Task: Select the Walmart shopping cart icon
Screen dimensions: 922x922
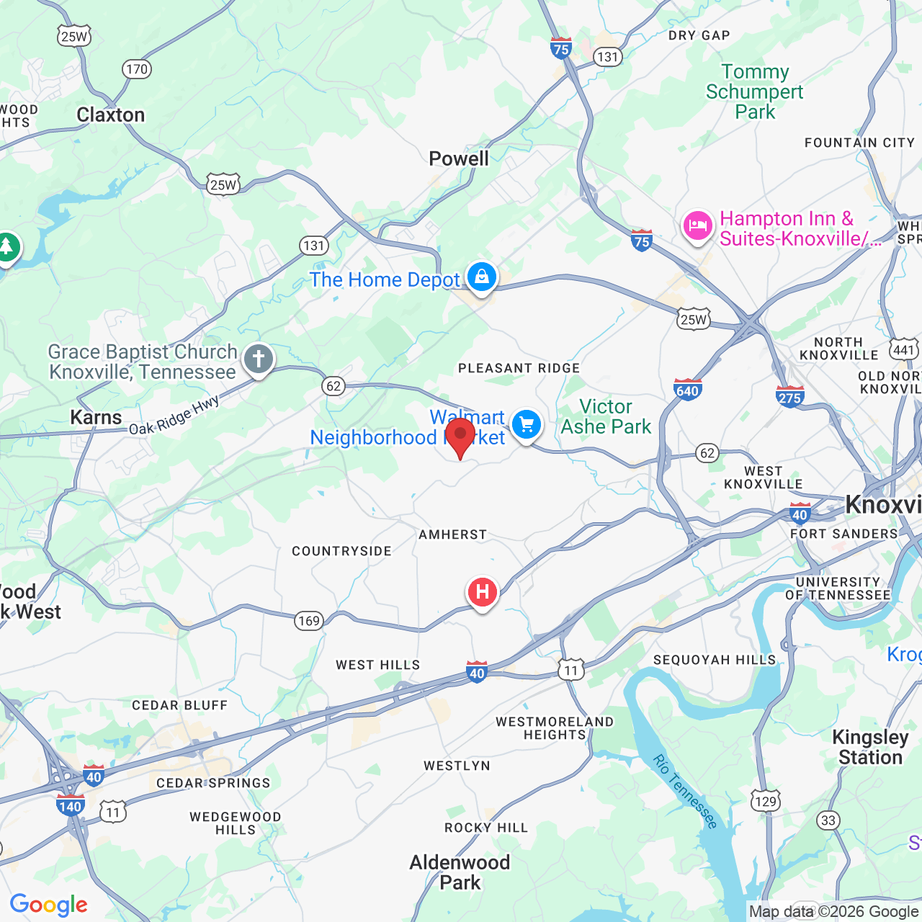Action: pos(527,425)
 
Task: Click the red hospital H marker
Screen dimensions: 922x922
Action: pos(483,593)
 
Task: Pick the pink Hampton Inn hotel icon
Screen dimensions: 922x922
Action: pos(697,226)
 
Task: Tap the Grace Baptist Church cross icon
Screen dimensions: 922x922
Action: pos(259,359)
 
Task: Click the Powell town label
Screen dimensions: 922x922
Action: pos(459,158)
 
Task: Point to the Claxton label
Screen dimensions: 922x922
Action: pos(111,115)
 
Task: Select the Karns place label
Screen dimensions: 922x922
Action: pos(96,418)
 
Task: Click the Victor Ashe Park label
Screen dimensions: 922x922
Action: pos(606,417)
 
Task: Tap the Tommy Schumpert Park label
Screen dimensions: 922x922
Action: pos(754,92)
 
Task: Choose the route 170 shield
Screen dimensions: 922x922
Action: pos(136,69)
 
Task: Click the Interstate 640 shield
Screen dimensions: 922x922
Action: pos(687,390)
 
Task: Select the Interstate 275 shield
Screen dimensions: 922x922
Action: pos(789,396)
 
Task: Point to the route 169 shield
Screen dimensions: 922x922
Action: pos(309,621)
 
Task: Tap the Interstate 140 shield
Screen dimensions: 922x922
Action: pos(70,805)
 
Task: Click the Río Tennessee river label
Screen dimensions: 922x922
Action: pos(685,791)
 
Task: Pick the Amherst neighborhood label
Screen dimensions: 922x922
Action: pos(453,534)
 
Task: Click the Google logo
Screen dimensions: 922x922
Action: pos(49,905)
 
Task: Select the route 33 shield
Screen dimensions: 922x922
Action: pos(828,820)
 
